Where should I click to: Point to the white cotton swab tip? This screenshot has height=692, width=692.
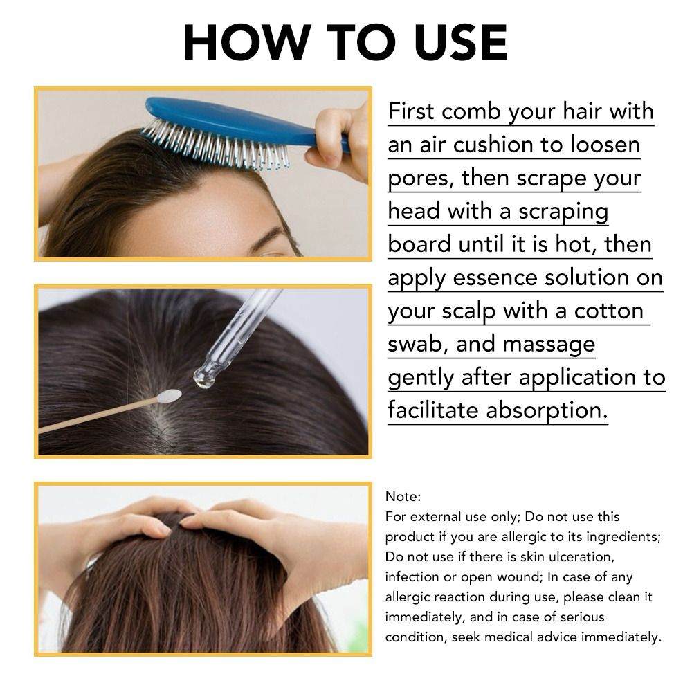pyautogui.click(x=169, y=395)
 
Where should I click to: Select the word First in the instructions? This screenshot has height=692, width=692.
pyautogui.click(x=411, y=111)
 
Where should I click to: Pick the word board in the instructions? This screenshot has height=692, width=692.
pyautogui.click(x=419, y=244)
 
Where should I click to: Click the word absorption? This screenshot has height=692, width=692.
pyautogui.click(x=547, y=411)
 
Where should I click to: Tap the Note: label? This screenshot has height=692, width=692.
pyautogui.click(x=403, y=497)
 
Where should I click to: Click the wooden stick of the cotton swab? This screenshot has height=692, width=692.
pyautogui.click(x=99, y=415)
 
